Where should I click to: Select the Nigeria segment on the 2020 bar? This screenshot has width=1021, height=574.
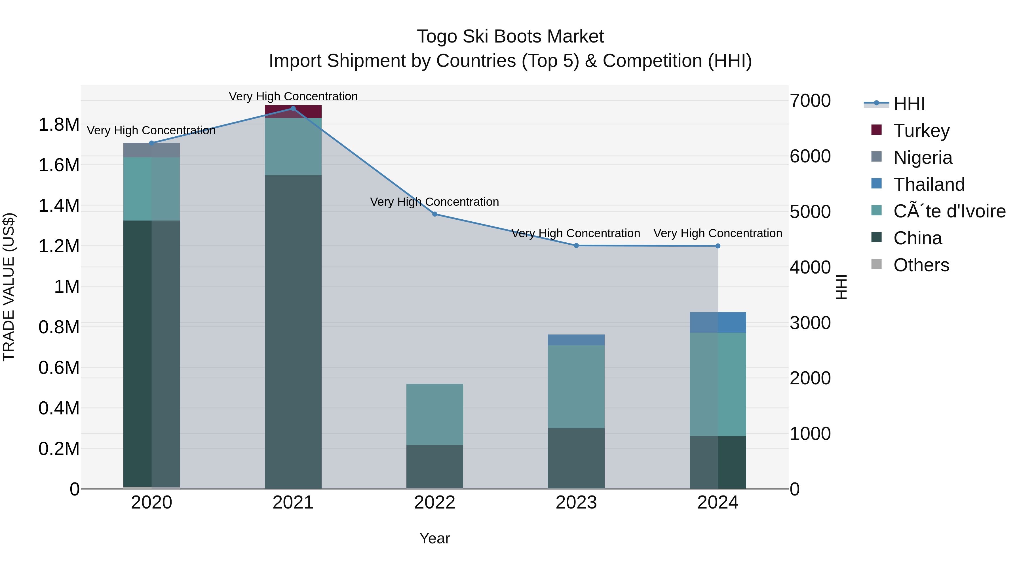pos(151,151)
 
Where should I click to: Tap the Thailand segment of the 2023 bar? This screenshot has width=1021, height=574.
pos(576,340)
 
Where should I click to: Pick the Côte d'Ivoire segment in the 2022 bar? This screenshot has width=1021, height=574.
pos(434,414)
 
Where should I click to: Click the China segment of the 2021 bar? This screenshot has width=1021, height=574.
pos(293,332)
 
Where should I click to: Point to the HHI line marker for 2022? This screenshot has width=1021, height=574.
pos(434,214)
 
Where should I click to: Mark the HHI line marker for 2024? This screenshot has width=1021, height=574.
pos(718,246)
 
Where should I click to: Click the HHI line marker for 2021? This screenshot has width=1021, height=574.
pos(293,109)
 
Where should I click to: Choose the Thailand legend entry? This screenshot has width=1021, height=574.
pos(929,185)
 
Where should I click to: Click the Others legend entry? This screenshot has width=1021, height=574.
pos(921,265)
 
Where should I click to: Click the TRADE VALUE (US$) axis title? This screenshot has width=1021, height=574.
pos(9,287)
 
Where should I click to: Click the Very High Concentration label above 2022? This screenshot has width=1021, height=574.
pos(434,202)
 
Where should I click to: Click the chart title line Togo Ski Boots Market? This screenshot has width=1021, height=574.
pos(510,37)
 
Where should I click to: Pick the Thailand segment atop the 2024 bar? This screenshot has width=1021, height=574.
pos(718,323)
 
